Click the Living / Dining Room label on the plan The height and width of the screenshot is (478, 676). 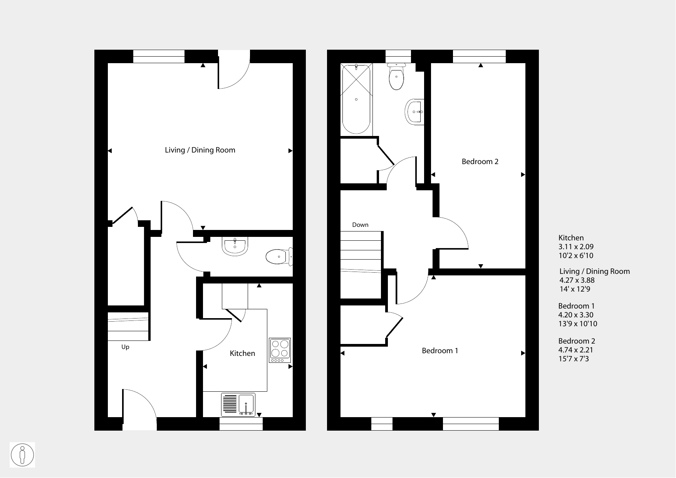[200, 150]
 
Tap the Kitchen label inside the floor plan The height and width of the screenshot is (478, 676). [242, 353]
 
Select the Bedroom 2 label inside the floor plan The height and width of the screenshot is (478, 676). [480, 162]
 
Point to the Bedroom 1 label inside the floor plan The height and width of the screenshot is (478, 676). [440, 351]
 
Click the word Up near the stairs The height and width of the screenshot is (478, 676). [125, 347]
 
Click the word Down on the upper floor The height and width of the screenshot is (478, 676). [360, 225]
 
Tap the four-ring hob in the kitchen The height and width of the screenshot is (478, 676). [280, 350]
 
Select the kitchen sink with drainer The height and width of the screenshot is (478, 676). [238, 404]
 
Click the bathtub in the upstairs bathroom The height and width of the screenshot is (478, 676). [356, 99]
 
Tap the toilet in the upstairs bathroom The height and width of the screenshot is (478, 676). [396, 76]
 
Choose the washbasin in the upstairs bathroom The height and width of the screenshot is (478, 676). [414, 112]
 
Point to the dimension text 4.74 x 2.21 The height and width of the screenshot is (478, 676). [576, 350]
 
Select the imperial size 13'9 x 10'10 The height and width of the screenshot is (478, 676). [578, 324]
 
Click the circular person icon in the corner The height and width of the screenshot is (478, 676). [22, 455]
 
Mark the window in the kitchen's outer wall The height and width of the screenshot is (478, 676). [241, 424]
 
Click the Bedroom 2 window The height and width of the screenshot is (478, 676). [479, 56]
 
